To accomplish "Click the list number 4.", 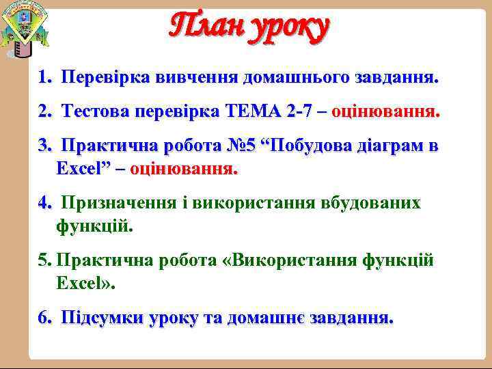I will (44, 203).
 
